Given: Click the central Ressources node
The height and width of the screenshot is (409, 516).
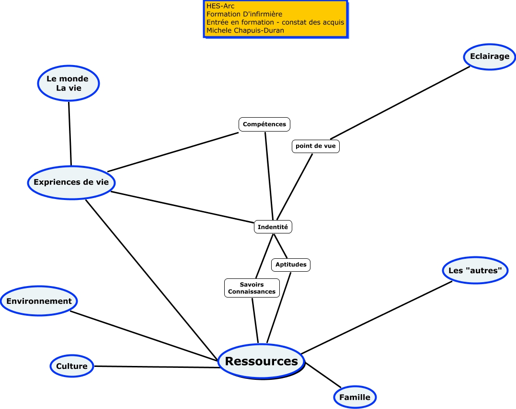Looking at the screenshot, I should point(261,361).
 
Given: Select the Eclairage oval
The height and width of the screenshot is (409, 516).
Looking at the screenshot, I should point(489,56).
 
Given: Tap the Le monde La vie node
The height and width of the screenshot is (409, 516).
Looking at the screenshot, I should point(69,83).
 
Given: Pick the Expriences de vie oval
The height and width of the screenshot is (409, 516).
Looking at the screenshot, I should point(71,182).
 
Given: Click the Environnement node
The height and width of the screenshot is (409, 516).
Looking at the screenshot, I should point(39,301).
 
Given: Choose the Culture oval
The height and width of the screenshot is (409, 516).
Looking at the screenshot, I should point(72,366).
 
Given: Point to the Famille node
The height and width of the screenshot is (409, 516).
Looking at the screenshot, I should point(355,397).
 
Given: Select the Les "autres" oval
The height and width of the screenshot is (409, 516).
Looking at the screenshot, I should point(475,271).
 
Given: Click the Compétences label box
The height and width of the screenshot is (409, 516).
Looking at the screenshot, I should point(264,124).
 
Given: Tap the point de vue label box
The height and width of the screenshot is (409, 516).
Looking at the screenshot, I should point(315,146).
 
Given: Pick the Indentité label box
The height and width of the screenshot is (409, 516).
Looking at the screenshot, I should point(273,227).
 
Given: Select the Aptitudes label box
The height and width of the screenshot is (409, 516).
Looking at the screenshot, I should point(291,265).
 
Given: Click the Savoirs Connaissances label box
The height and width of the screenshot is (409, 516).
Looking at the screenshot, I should point(252,288).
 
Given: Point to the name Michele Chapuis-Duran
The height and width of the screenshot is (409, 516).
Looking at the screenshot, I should point(245,30).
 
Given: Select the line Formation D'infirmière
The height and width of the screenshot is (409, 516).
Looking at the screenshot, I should point(244,14).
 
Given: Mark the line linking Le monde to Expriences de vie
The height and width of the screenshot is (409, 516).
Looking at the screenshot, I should point(70,133).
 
